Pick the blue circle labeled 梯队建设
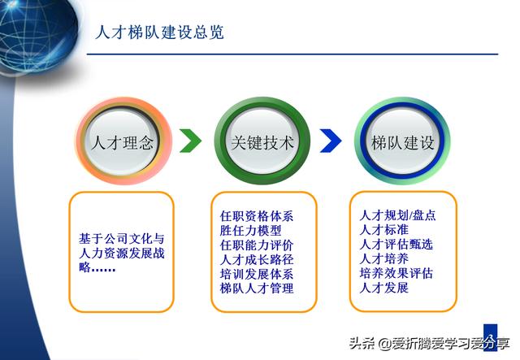point(402,143)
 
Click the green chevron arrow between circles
point(190,141)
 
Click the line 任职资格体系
point(257,217)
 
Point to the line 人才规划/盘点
point(397,216)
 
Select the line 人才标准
point(383,231)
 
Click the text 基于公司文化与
point(121,239)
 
